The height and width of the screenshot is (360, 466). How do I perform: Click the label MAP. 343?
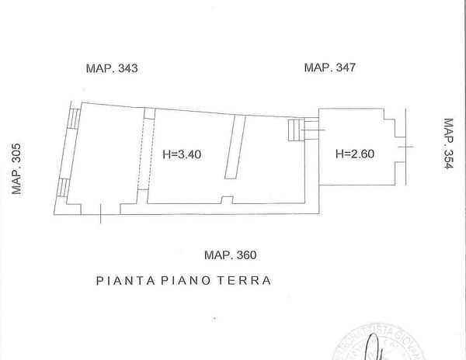(111, 68)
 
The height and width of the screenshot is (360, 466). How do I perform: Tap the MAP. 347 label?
(329, 67)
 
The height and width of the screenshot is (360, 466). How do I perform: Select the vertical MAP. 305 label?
(16, 170)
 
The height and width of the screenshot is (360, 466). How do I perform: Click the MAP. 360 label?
(230, 254)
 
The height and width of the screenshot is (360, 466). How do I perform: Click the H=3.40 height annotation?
(182, 154)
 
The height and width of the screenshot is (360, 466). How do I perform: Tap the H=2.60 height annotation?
(355, 154)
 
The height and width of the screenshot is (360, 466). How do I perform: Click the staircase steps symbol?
(294, 130)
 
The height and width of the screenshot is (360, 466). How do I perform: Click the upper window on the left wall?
(74, 118)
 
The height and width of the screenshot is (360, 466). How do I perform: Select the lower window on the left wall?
(66, 189)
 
